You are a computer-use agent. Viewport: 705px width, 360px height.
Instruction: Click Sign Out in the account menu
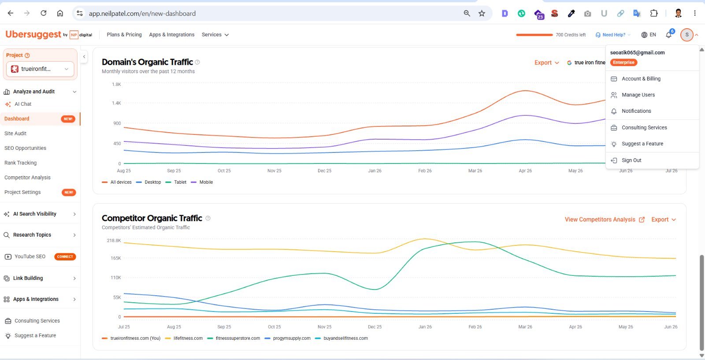coord(631,160)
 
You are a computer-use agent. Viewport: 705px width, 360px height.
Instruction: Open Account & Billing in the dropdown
coord(641,79)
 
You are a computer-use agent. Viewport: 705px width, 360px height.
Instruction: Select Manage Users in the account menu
coord(638,95)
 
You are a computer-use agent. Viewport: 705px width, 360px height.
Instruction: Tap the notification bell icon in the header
coord(668,35)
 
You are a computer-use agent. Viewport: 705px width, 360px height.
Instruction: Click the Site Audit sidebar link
coord(15,134)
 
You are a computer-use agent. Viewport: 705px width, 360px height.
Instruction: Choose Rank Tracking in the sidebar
coord(20,163)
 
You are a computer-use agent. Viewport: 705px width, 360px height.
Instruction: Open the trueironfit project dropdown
coord(40,69)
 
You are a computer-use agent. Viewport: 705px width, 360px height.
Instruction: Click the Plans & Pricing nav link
coord(124,35)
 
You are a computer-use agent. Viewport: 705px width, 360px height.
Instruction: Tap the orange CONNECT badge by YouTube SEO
coord(65,256)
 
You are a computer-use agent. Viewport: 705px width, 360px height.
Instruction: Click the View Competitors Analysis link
coord(605,219)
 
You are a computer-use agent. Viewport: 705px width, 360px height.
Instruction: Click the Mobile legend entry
coord(202,182)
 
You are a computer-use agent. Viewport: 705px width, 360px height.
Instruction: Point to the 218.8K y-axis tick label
coord(114,241)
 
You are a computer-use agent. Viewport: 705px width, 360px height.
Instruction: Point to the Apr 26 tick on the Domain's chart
coord(525,171)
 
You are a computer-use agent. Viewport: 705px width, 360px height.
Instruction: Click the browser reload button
coord(44,13)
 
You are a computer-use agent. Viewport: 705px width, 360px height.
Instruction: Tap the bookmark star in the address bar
coord(482,13)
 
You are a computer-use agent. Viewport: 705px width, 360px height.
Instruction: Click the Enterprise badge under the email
coord(623,62)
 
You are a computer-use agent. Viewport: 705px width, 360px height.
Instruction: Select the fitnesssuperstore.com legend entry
coord(234,338)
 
